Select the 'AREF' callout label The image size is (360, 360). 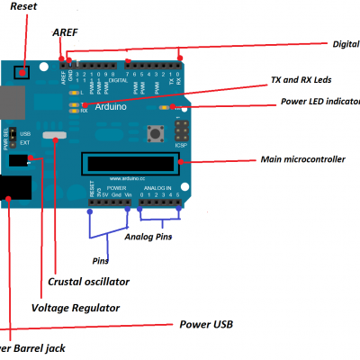65,31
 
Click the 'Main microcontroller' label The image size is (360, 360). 302,159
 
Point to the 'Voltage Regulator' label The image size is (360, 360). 76,307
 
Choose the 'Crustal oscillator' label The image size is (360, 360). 88,282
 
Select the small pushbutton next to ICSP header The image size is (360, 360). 155,134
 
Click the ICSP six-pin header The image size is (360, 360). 183,130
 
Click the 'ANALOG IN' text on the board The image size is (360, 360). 157,187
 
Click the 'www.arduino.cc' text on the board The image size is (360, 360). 127,178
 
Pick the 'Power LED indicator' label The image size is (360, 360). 319,102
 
